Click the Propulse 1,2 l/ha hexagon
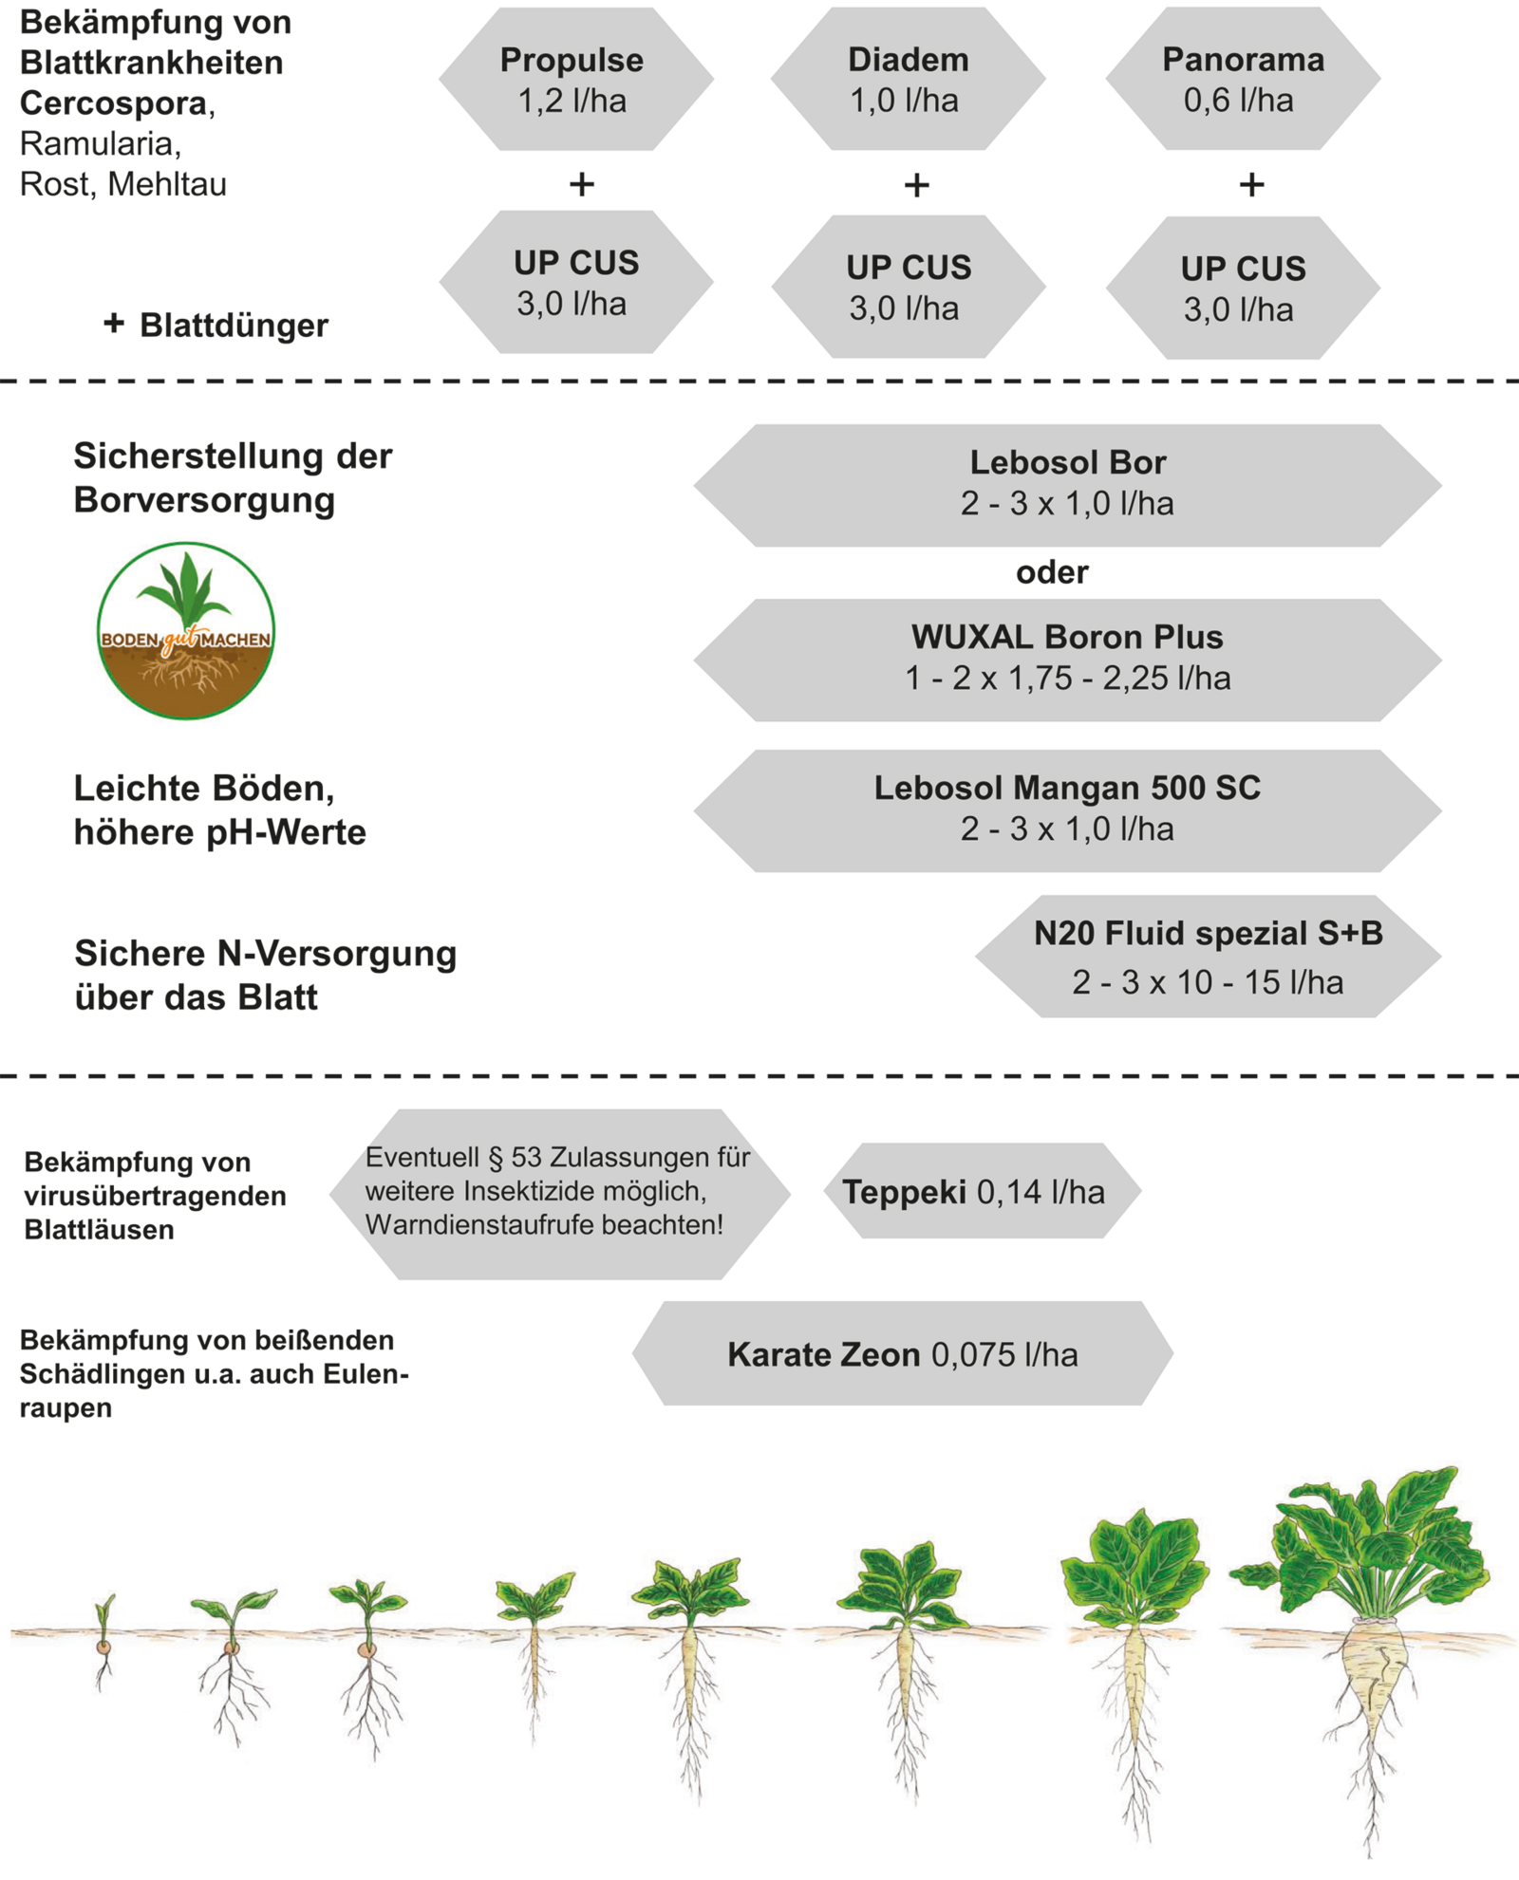point(575,80)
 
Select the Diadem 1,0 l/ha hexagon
point(908,80)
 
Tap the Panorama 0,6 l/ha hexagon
point(1242,80)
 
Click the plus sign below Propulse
point(582,184)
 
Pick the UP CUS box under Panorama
point(1242,289)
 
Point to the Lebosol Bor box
point(1067,485)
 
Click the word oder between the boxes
point(1052,572)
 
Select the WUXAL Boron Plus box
point(1067,660)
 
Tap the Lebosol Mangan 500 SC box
point(1067,810)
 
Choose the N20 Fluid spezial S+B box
point(1208,957)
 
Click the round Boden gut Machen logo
point(186,631)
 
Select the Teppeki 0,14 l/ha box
point(974,1191)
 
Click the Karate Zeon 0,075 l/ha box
point(902,1354)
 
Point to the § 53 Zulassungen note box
point(559,1192)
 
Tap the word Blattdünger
point(234,326)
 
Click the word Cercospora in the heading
point(114,103)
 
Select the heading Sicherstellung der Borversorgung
point(232,477)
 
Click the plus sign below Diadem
point(916,185)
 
